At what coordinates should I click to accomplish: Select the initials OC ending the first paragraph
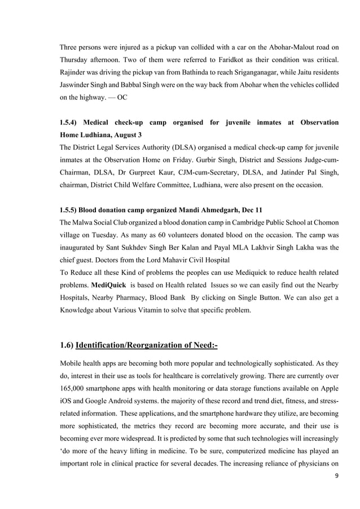tap(122, 98)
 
